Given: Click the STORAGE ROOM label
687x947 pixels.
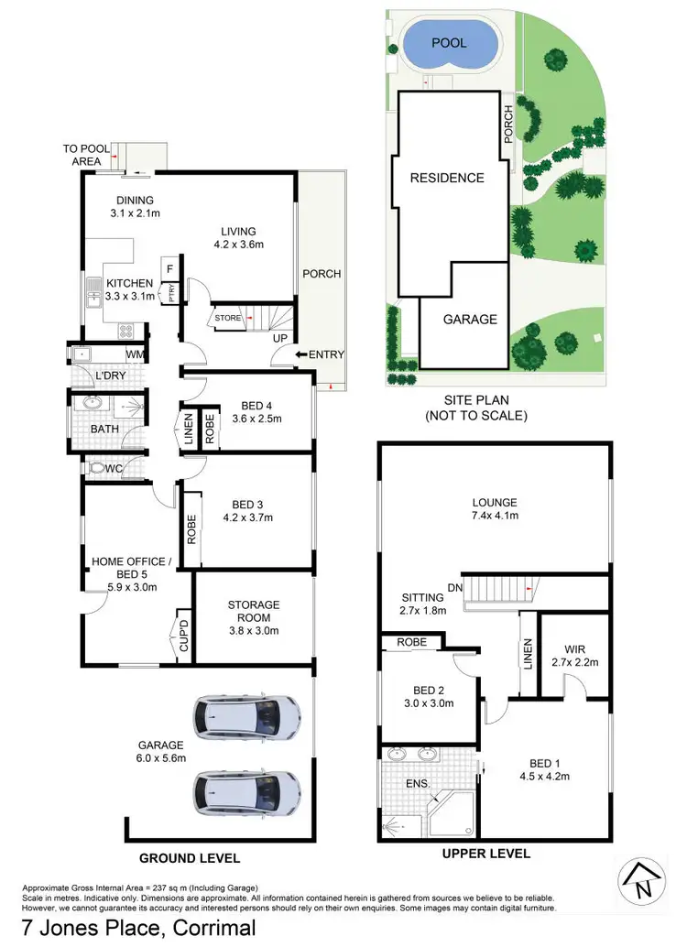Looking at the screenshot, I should tap(254, 611).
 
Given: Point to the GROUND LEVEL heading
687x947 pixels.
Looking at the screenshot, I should tap(189, 858).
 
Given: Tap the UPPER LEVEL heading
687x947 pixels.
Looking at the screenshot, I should tap(486, 854).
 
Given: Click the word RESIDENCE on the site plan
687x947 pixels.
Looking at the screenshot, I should tap(446, 178).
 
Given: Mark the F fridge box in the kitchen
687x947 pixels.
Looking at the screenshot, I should tap(169, 269).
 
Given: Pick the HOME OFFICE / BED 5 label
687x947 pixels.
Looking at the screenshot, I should tap(128, 568).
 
